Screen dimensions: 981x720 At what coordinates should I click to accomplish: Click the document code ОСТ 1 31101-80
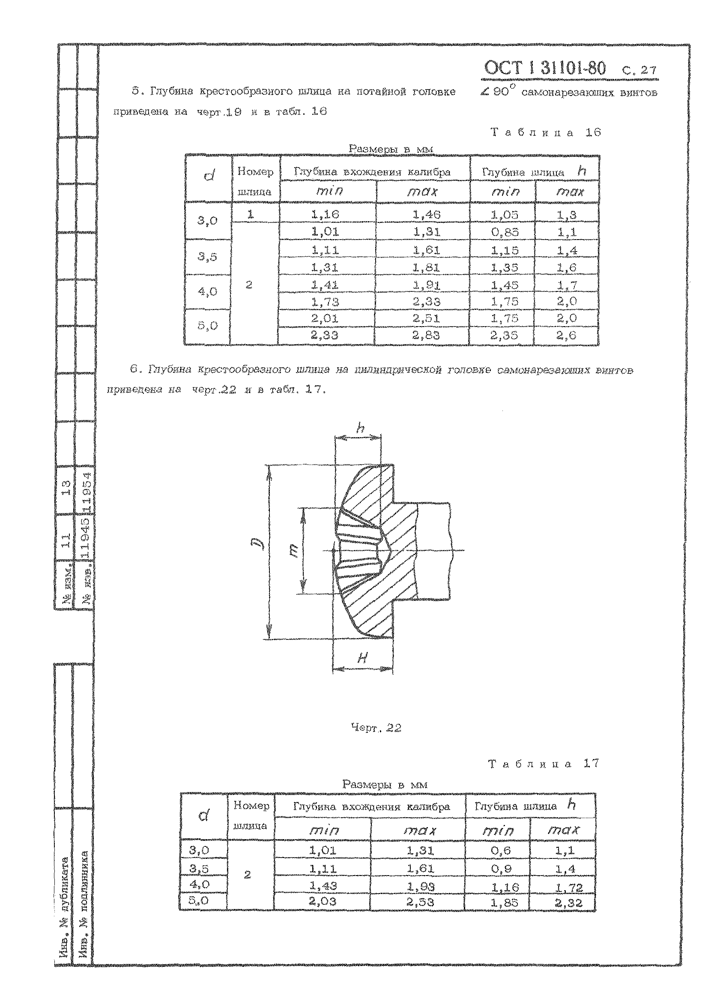click(545, 68)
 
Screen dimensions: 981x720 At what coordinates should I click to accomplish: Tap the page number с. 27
click(641, 70)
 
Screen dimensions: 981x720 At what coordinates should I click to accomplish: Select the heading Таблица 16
click(546, 132)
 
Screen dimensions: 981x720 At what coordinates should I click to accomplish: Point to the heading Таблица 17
click(544, 764)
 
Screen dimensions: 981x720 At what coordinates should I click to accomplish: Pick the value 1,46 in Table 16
click(427, 214)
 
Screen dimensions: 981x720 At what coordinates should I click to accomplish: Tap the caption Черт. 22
click(376, 728)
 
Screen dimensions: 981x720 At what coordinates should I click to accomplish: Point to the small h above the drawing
click(360, 429)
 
